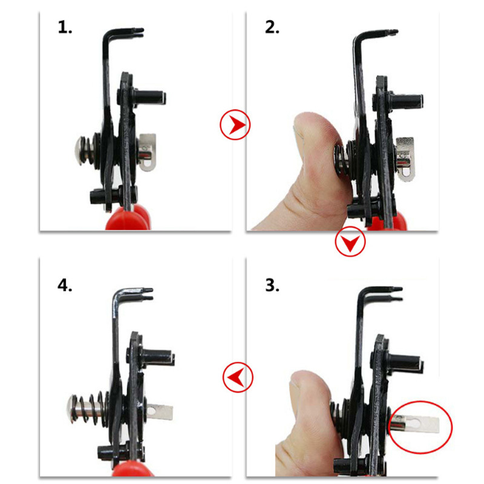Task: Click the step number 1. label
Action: coord(65,27)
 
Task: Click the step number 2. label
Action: coord(272,27)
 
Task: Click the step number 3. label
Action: coord(272,285)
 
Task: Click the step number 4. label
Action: coord(65,285)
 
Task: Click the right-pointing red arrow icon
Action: coord(235,125)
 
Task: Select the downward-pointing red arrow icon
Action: coord(350,241)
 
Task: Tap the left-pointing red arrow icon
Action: coord(238,377)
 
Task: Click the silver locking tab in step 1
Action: coord(147,152)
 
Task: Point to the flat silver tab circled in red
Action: coord(414,422)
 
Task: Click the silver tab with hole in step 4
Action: coord(159,412)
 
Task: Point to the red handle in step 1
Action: coord(128,218)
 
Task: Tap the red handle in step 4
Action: coord(132,469)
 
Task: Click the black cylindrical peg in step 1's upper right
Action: coord(149,97)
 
